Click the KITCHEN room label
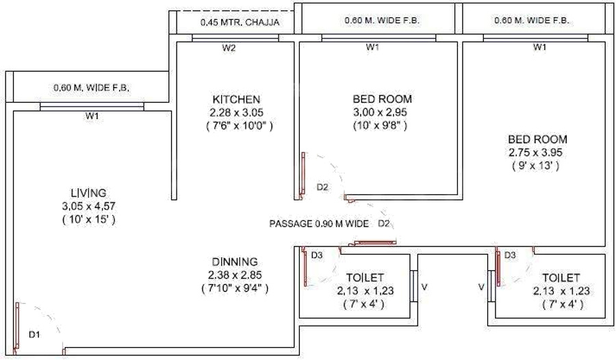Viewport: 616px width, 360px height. coord(235,99)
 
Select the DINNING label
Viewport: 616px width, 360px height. coord(234,261)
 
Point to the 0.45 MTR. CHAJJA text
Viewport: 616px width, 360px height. coord(240,23)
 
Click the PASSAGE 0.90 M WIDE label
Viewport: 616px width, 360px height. coord(319,224)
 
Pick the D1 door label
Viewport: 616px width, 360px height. coord(35,335)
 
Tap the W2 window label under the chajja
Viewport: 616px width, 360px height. coord(229,48)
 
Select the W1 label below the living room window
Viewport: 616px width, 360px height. coord(92,116)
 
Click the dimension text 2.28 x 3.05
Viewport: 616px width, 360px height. coord(235,112)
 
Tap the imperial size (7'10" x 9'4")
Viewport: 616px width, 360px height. coord(234,288)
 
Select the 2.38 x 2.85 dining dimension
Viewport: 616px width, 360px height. coord(234,275)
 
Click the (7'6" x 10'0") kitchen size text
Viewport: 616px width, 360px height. coord(235,126)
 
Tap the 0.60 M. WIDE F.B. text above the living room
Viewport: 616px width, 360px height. coord(92,88)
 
